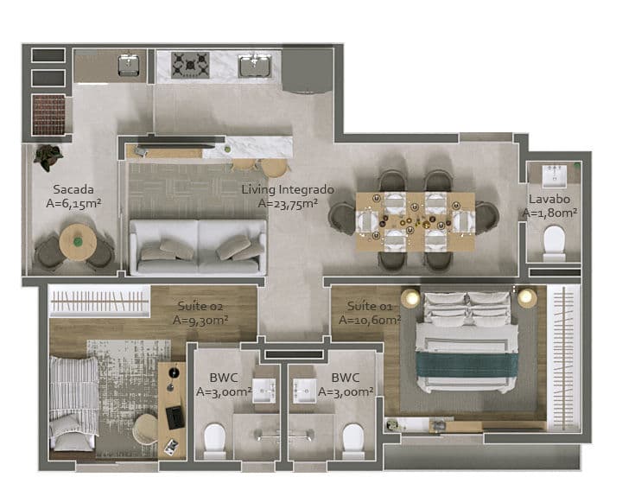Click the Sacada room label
click(73, 189)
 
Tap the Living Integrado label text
click(288, 189)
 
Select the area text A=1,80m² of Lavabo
click(549, 213)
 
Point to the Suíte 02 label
click(200, 306)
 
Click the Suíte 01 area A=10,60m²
click(370, 320)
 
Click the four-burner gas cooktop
click(190, 65)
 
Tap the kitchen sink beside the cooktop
click(254, 66)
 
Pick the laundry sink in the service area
click(129, 66)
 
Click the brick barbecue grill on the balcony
click(49, 115)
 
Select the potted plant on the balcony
click(48, 156)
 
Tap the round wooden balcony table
click(78, 242)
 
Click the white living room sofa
click(198, 247)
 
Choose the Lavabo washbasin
click(555, 175)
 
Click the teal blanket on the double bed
click(467, 365)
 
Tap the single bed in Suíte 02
click(73, 404)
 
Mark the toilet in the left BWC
click(214, 441)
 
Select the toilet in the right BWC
click(352, 441)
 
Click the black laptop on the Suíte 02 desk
click(175, 417)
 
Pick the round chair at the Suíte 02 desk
click(145, 429)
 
